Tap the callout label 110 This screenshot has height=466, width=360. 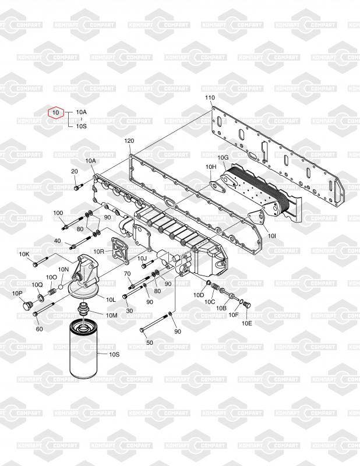coord(210,97)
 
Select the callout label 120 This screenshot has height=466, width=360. coord(129,141)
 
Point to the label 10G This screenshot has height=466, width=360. coord(223,157)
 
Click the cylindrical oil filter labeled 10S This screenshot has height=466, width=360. coord(83,350)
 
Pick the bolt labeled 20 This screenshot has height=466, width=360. coord(78,187)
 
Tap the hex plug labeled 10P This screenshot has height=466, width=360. coord(27,305)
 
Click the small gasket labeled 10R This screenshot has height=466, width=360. coord(120,250)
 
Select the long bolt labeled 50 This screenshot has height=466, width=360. coord(154,323)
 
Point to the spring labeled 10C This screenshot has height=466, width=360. coord(216,287)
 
